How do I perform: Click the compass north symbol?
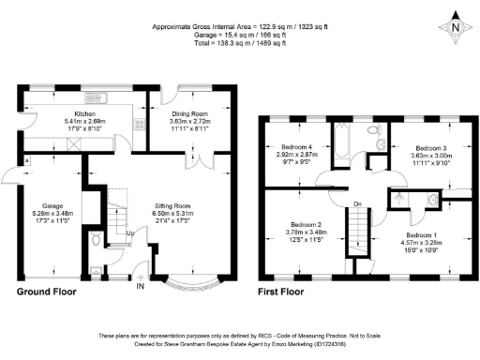point(454,27)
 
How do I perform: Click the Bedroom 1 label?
point(422,234)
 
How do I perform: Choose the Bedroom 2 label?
point(306,225)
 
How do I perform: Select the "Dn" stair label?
point(357,202)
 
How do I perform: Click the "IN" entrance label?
point(142,287)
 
